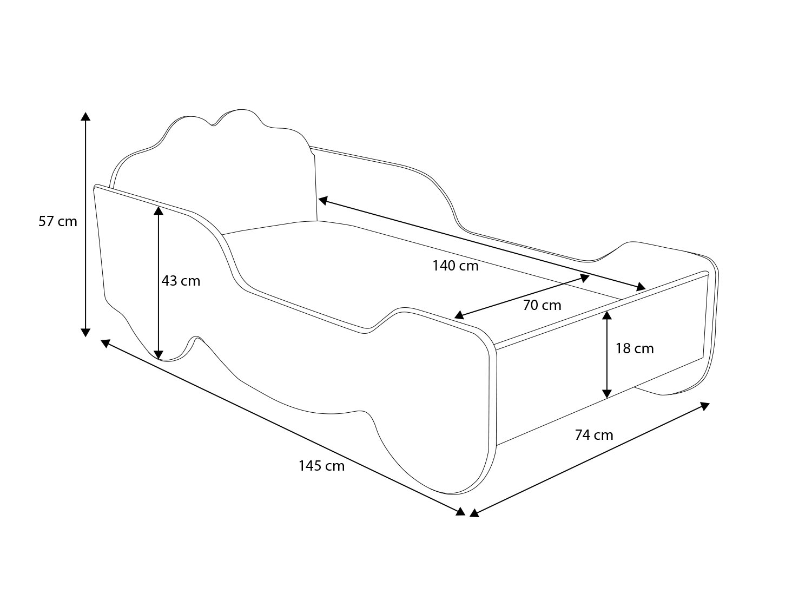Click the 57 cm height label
[58, 221]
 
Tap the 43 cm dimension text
[181, 281]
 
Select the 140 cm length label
[456, 266]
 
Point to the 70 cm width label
[542, 305]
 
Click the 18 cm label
[635, 348]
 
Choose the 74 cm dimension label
[594, 435]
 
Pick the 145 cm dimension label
[321, 466]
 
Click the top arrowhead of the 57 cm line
[85, 116]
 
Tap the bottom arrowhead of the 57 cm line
[85, 333]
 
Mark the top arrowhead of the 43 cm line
[159, 210]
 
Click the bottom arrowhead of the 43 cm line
[159, 355]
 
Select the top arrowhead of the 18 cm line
[608, 315]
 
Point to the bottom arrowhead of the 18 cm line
[608, 394]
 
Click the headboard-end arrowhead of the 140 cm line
[322, 200]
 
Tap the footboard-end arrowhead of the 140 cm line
[641, 287]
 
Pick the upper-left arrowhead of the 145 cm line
[105, 344]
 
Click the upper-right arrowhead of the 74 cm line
[705, 406]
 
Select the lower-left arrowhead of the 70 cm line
[459, 315]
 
